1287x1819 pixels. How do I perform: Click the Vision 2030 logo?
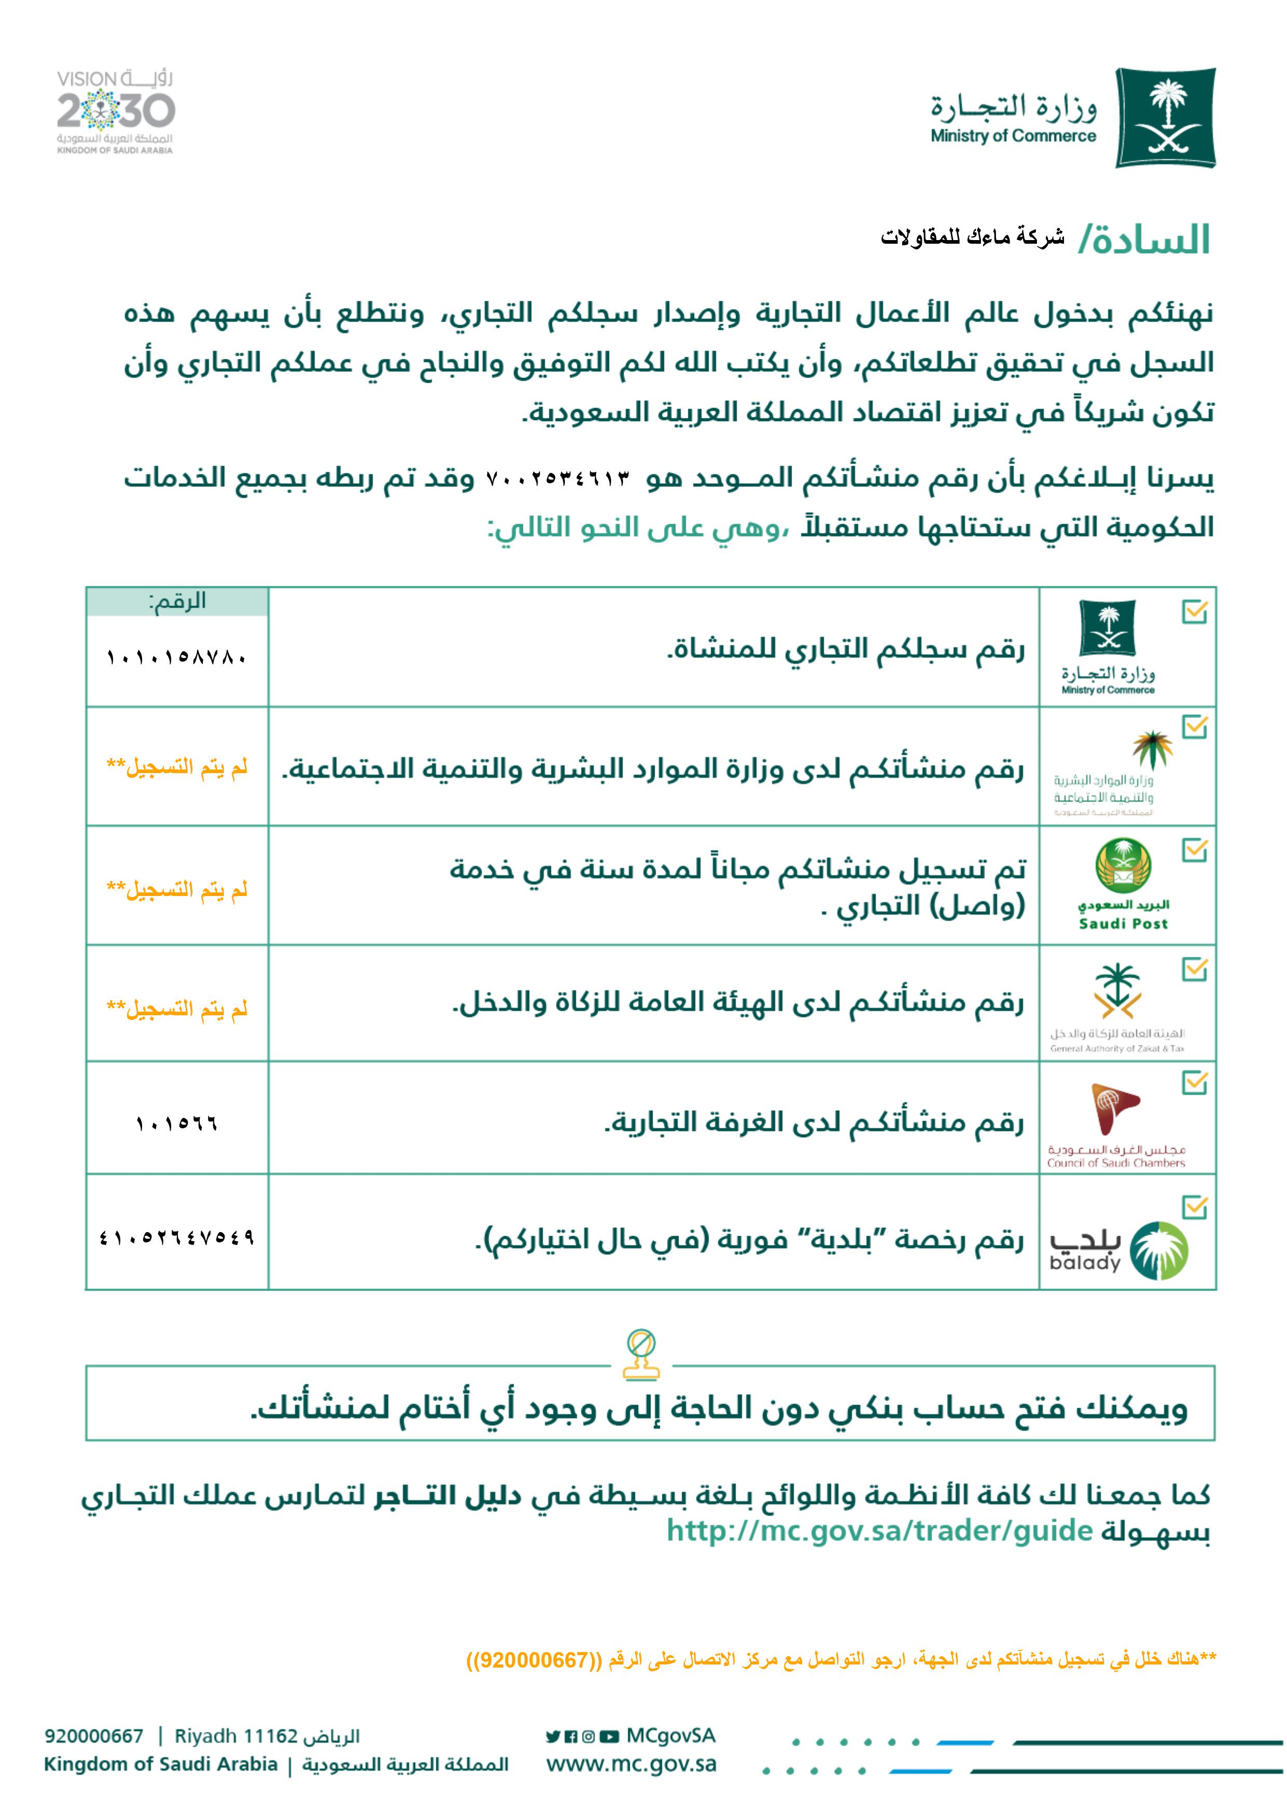coord(115,111)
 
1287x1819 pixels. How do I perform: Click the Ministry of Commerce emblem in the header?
coord(1165,117)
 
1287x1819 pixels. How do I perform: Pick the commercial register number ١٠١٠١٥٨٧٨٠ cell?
coord(177,657)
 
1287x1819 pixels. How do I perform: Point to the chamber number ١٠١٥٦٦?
coord(177,1124)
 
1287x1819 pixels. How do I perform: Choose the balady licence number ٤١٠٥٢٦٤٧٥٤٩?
coord(177,1238)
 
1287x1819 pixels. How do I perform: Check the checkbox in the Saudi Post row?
coord(1194,850)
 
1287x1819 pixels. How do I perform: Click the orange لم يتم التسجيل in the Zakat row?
coord(177,1009)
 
